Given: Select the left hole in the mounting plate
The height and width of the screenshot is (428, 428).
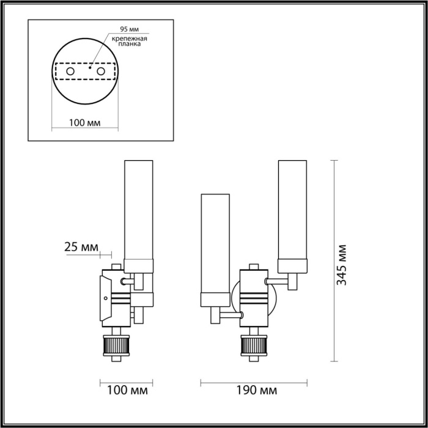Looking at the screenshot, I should [71, 72].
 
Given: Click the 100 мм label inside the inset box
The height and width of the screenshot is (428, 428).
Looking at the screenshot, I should [84, 122].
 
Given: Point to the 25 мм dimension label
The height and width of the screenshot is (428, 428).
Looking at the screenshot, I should [81, 247].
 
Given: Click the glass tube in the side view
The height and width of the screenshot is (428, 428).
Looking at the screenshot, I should [140, 208].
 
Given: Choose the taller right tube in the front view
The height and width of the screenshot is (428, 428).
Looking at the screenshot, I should [292, 208].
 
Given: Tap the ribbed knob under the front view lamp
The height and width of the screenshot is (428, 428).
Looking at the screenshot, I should [253, 347].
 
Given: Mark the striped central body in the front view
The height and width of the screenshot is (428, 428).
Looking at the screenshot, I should [253, 300].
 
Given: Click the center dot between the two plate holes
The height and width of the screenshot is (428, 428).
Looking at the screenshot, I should [90, 68].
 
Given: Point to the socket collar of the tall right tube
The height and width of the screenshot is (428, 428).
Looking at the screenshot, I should [292, 265].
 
